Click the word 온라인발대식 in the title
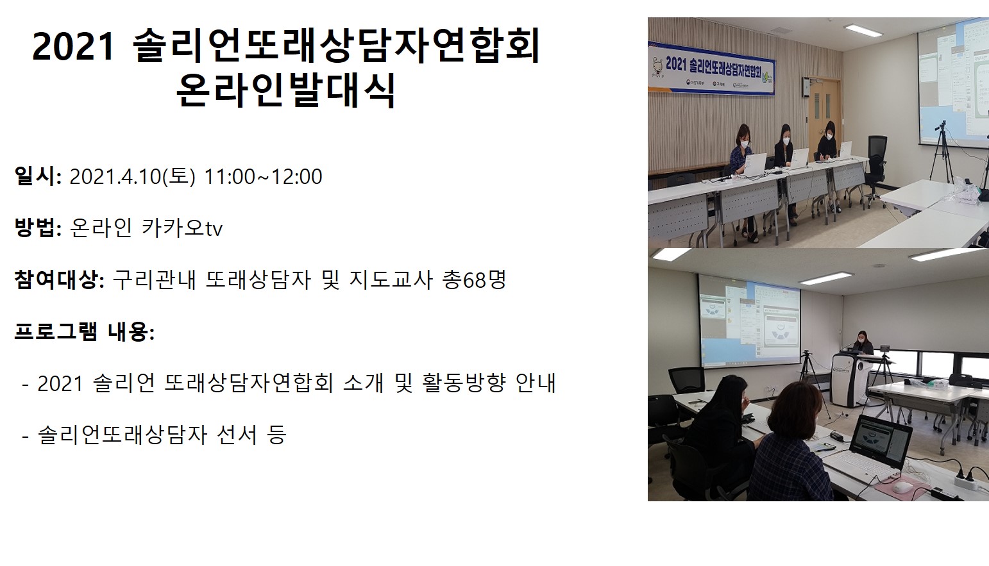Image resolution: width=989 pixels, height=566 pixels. tap(286, 90)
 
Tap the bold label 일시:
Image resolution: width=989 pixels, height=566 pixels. tap(38, 176)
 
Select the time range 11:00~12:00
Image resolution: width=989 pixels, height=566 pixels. tap(263, 176)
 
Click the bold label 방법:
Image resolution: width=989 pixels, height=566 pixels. tap(38, 228)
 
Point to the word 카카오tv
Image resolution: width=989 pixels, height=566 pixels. tap(182, 228)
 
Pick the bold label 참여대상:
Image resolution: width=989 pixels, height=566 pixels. tap(59, 279)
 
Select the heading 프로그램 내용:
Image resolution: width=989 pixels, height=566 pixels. tap(84, 331)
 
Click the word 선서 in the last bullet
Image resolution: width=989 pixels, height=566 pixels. tap(237, 435)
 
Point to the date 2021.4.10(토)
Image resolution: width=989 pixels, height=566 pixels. tap(132, 176)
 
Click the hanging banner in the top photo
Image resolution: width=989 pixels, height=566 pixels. tap(711, 68)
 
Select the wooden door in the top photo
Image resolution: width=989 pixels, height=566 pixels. tap(824, 117)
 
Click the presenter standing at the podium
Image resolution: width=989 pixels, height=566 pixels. tap(862, 343)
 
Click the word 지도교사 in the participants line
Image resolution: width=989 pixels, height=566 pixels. tap(391, 279)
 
